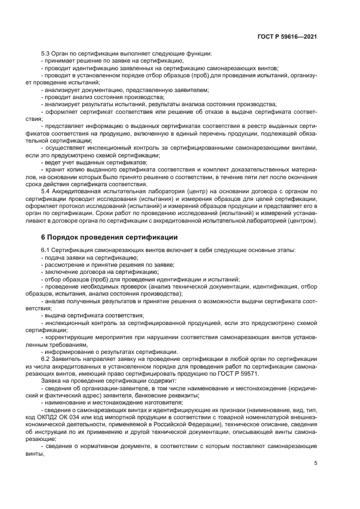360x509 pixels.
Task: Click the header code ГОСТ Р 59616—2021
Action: point(287,37)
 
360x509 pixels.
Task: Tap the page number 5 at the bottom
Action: point(315,463)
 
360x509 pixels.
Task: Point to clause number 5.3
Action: point(47,53)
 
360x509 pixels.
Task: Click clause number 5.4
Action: point(47,192)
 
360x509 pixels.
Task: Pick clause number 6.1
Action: point(47,250)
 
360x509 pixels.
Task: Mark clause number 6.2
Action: point(47,359)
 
